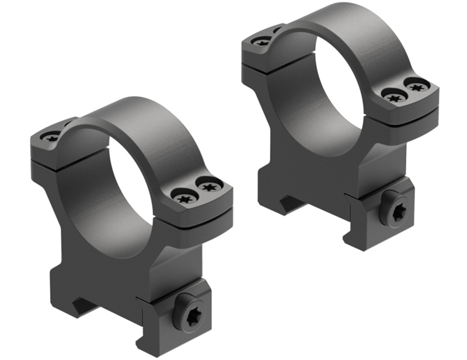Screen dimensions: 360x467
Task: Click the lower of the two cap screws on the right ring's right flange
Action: point(394,96)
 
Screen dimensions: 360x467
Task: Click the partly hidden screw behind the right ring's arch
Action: point(277,29)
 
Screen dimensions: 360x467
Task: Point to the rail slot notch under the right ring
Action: point(292,201)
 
